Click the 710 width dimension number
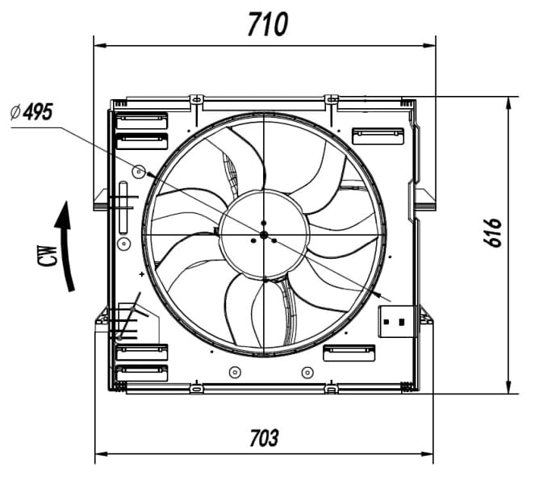[268, 24]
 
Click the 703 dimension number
[264, 438]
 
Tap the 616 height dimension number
[492, 232]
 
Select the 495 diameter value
[38, 112]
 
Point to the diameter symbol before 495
[15, 113]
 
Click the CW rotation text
[48, 256]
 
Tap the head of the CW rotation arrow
[64, 215]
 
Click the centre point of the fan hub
[264, 235]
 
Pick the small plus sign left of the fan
[142, 274]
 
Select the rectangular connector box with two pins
[395, 322]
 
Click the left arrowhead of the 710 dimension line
[100, 45]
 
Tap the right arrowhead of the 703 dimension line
[427, 454]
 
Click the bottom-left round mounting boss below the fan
[235, 373]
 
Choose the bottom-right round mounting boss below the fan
[307, 373]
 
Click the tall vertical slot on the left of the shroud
[123, 207]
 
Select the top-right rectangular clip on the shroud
[378, 136]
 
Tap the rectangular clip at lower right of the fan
[349, 353]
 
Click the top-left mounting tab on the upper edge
[197, 100]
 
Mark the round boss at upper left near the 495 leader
[139, 171]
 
